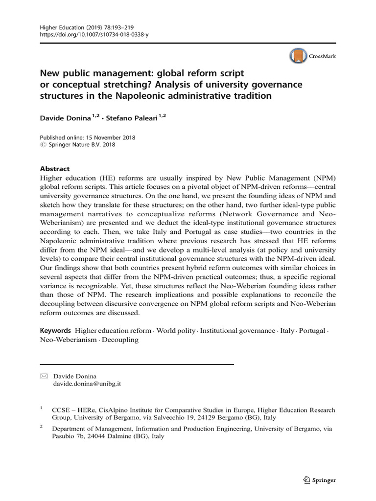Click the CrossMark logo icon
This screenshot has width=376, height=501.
297,57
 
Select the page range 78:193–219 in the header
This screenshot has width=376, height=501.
111,27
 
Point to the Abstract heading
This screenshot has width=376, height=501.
55,168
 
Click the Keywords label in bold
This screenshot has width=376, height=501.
56,331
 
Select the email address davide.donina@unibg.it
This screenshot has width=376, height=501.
86,384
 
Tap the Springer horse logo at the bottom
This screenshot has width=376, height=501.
306,480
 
